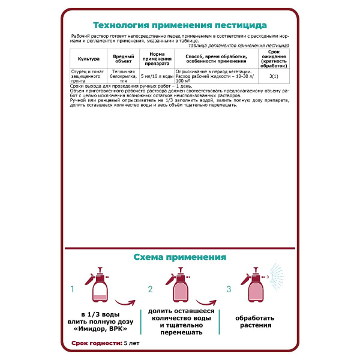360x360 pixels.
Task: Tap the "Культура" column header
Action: click(88, 59)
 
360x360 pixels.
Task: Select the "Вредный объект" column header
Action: click(124, 59)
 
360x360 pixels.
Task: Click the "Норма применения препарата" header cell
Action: click(157, 59)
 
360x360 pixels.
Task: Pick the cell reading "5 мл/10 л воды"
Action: click(157, 76)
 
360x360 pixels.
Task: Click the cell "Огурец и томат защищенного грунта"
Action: click(88, 76)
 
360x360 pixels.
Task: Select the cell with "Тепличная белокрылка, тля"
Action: click(124, 76)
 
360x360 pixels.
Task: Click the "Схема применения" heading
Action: click(179, 257)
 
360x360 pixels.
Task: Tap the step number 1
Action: click(72, 289)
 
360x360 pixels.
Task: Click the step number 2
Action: click(151, 289)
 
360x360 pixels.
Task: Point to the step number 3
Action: click(229, 289)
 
